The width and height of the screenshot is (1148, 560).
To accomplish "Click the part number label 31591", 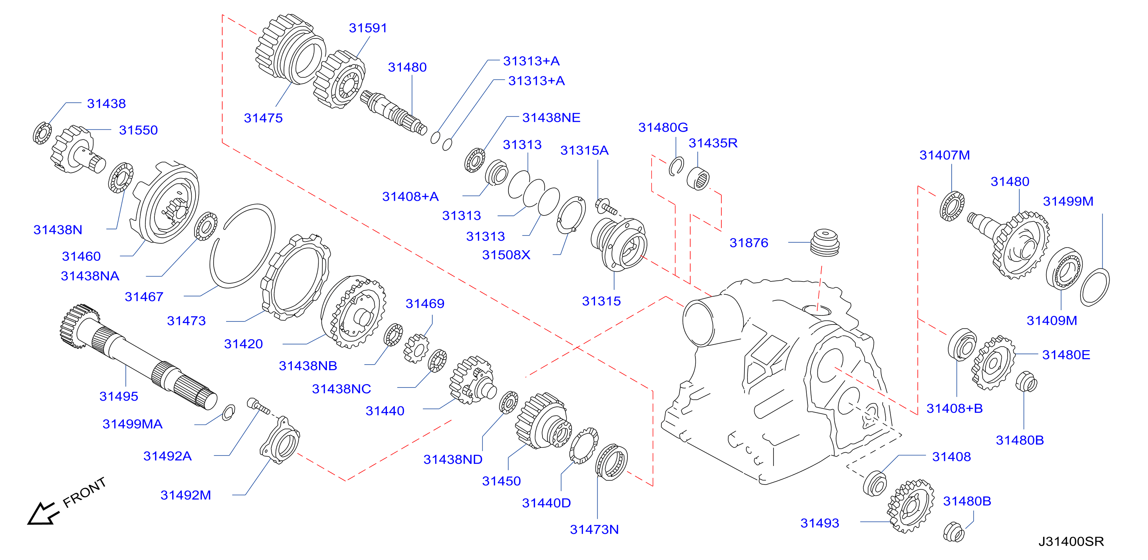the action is (x=368, y=28).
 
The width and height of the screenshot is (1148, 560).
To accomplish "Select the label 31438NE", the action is (x=551, y=118).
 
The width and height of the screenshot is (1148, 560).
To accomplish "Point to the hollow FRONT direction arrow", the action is (x=42, y=514).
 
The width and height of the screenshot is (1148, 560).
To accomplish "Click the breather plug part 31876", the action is (x=825, y=242).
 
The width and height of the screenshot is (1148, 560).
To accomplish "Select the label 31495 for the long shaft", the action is (x=119, y=396).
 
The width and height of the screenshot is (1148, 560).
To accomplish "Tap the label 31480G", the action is (x=663, y=128).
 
